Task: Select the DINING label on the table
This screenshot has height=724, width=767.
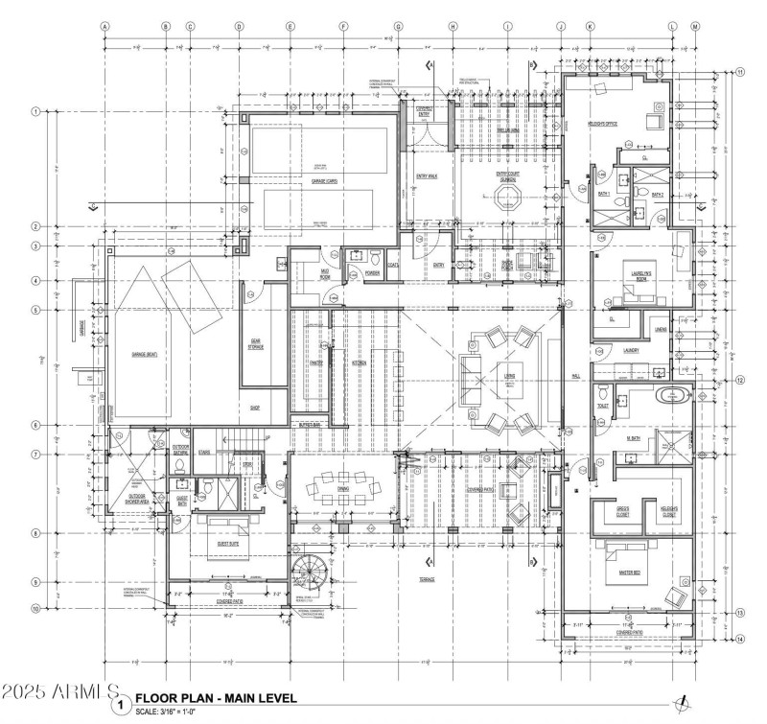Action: (343, 488)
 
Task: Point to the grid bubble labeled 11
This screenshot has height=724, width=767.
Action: (740, 72)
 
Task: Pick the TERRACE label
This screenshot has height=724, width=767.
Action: (426, 579)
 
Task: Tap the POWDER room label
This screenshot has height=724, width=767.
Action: (374, 273)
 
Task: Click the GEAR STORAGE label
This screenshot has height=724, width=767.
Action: (256, 346)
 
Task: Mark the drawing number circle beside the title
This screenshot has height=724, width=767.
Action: (121, 705)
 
